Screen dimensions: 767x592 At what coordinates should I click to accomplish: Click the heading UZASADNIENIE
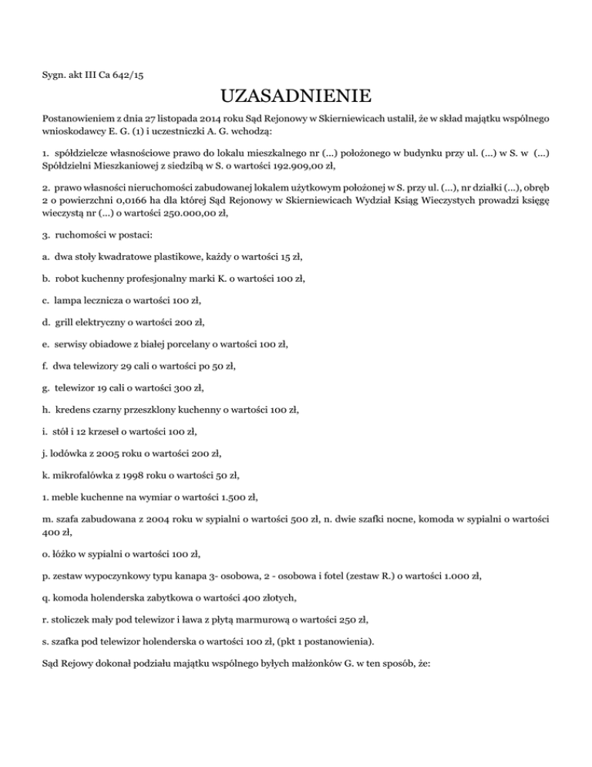click(x=296, y=97)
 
